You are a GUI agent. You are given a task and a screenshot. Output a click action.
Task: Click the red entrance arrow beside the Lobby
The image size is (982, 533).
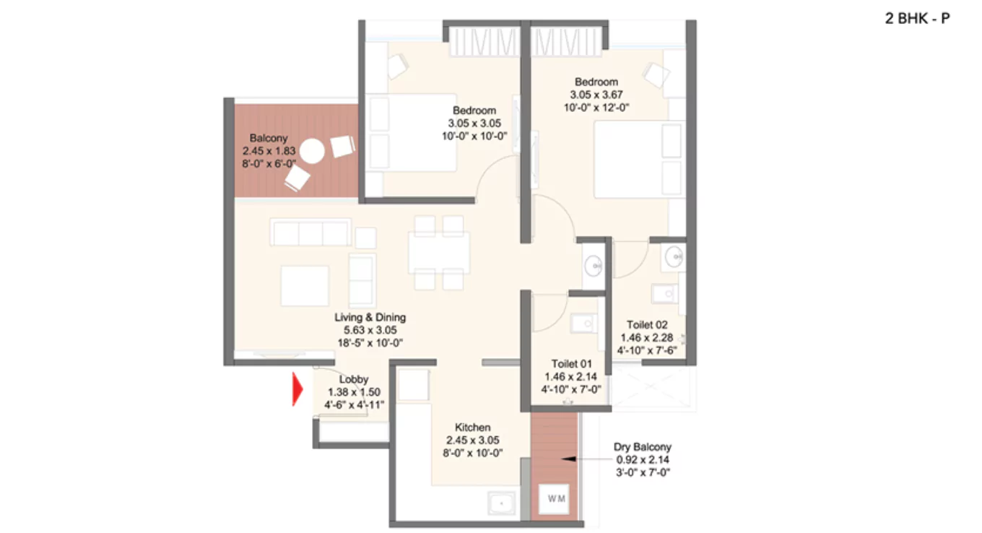tap(297, 389)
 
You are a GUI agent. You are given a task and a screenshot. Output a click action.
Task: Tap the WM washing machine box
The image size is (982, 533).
tap(556, 498)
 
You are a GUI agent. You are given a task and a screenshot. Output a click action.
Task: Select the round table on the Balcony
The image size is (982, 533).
tap(313, 152)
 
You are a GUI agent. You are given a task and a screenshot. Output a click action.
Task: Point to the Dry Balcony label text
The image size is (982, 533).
tap(643, 447)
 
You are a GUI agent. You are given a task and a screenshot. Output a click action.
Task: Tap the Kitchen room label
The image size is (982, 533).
tap(473, 428)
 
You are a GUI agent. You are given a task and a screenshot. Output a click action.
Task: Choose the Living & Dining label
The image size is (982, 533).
tap(370, 317)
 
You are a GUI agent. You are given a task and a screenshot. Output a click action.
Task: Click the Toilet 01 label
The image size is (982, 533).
tap(571, 363)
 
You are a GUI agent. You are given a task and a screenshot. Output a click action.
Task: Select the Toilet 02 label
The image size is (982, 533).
tap(646, 325)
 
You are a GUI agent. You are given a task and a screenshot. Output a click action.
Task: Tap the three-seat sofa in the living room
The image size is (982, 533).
tap(310, 233)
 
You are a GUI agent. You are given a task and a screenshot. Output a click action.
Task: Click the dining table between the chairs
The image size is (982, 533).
tap(438, 252)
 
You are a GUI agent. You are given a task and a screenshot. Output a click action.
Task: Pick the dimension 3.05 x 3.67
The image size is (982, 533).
tap(596, 95)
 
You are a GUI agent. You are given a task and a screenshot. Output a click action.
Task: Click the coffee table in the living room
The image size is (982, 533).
tap(305, 285)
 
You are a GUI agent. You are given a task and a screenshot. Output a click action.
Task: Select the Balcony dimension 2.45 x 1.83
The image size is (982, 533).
tap(269, 151)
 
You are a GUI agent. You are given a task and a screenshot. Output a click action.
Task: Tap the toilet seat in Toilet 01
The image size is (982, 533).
tap(581, 324)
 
